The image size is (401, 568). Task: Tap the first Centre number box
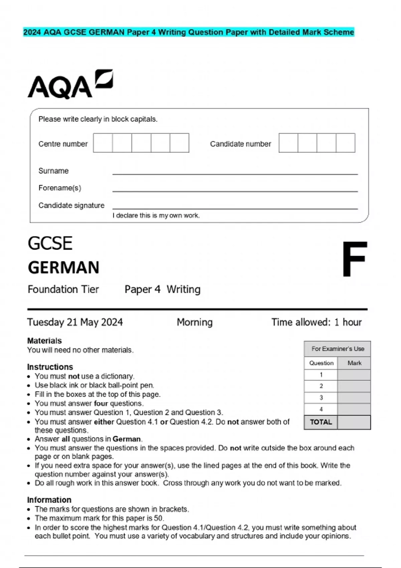tap(103, 143)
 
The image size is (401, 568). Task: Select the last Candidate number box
tap(346, 143)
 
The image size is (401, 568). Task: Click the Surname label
tap(53, 171)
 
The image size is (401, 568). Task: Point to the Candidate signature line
tap(235, 208)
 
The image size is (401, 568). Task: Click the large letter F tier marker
tap(354, 259)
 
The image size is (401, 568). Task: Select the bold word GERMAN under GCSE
tap(63, 268)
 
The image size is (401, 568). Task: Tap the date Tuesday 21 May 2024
tap(75, 322)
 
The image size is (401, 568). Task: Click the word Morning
tap(194, 322)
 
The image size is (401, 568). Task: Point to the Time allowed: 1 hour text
tap(316, 322)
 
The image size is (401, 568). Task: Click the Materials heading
tap(44, 341)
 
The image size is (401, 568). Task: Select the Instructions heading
tap(50, 367)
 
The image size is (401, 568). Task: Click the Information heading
tap(49, 500)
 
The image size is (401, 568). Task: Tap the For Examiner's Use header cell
tap(338, 349)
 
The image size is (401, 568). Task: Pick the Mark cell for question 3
tap(354, 398)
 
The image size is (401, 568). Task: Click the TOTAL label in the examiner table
tap(321, 422)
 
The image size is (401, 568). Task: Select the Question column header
tap(321, 363)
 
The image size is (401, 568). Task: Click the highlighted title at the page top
tap(188, 32)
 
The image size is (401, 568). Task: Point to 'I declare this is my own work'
tap(156, 216)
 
